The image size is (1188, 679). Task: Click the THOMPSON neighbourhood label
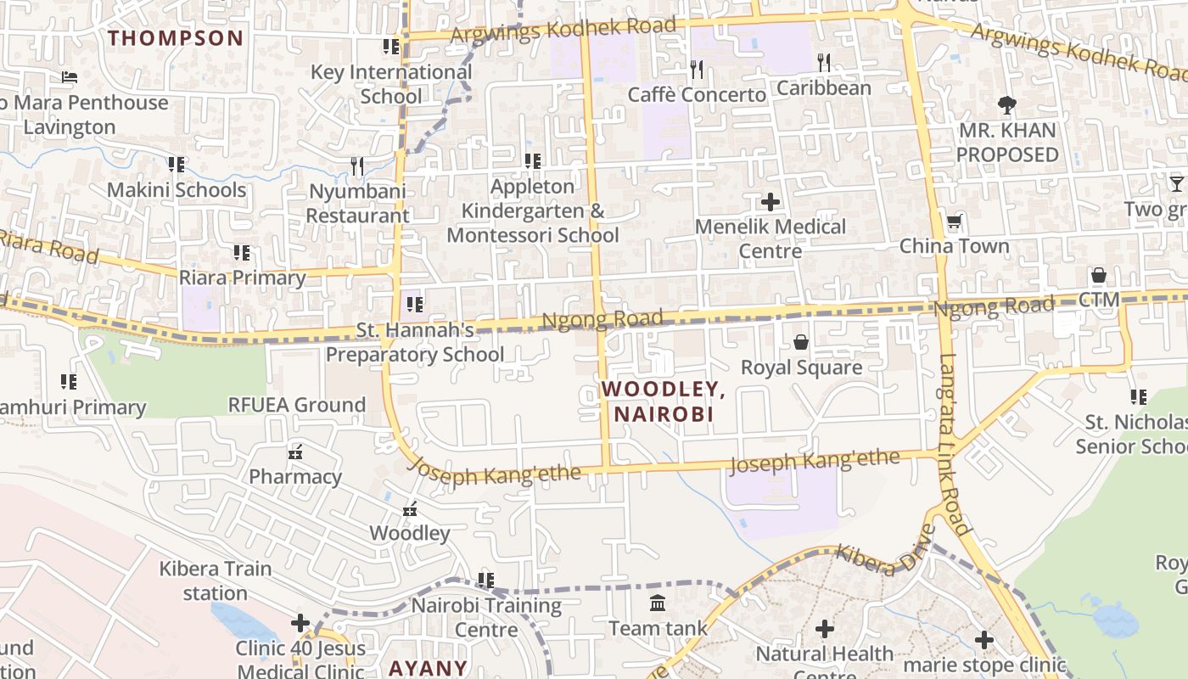176,38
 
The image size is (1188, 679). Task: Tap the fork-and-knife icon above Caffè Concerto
697,69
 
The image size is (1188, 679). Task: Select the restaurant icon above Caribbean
823,62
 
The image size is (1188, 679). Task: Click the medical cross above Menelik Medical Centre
770,202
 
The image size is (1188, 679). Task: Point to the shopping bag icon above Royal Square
800,342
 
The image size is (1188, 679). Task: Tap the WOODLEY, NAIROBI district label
663,401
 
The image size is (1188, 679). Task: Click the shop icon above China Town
955,222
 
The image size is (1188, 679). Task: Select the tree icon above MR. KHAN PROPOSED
1007,105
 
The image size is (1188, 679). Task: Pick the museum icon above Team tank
658,603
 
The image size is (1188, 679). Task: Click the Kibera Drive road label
885,551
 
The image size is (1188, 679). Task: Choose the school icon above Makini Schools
176,164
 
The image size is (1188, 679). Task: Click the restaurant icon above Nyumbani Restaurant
357,166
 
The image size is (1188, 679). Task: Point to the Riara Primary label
242,278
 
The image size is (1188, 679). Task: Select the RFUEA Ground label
297,405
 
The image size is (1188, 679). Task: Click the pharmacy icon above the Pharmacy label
296,452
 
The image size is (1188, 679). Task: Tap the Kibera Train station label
216,581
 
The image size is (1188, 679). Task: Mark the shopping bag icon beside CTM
1098,276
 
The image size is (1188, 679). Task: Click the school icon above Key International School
390,47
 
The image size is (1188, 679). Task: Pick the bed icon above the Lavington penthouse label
70,77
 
